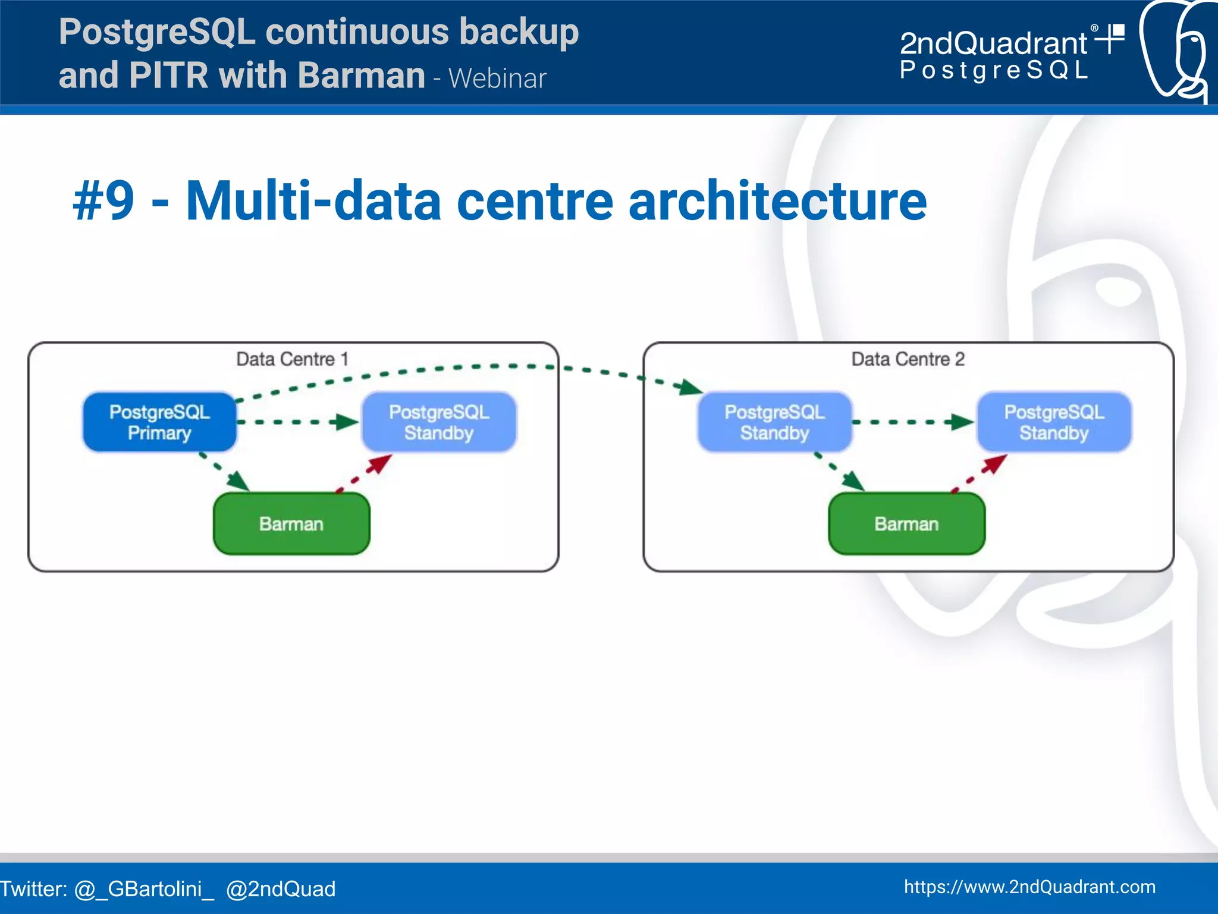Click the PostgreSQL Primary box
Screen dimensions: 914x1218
coord(159,422)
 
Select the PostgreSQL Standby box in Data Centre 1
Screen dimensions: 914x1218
coord(439,422)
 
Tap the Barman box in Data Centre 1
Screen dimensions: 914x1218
coord(291,524)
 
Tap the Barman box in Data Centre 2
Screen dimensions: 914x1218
coord(906,524)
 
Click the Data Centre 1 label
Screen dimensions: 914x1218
coord(291,359)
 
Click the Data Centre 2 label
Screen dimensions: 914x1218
coord(908,359)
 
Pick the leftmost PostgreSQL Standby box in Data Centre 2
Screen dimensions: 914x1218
coord(774,422)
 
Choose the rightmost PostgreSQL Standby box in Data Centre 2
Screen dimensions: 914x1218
coord(1054,422)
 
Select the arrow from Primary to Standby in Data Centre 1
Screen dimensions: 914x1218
coord(297,422)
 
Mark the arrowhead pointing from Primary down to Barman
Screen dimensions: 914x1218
coord(239,482)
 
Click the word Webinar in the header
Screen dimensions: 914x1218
coord(497,78)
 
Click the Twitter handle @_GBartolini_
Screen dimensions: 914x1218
coord(143,889)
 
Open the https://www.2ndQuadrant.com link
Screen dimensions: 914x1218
coord(1029,887)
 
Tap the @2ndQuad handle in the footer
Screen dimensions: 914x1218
coord(281,889)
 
